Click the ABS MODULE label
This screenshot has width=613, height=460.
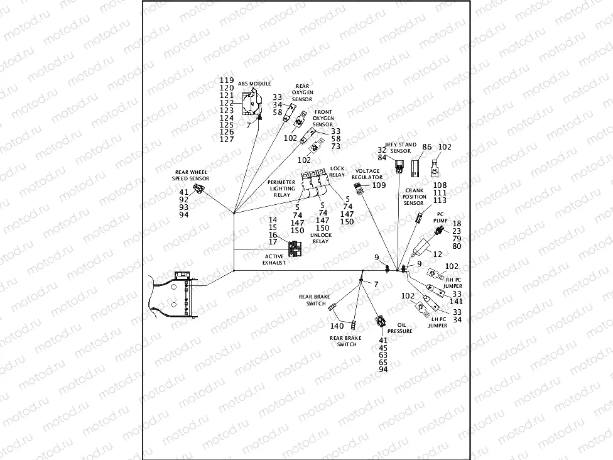[254, 84]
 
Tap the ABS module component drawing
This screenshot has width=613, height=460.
[252, 102]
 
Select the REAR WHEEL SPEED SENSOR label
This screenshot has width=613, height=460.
[191, 175]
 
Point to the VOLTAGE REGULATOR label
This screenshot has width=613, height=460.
[367, 174]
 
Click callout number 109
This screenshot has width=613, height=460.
[379, 185]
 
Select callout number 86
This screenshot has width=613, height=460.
[426, 146]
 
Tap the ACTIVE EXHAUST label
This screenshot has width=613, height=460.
[274, 259]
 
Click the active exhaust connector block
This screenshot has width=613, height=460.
[294, 248]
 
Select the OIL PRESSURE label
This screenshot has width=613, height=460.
[399, 328]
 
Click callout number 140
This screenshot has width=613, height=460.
[337, 326]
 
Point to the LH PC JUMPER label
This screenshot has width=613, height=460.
[438, 322]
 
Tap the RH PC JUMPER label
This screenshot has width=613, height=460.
[453, 282]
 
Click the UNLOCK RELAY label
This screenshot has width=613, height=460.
[320, 238]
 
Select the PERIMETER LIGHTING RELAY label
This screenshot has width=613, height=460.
[282, 189]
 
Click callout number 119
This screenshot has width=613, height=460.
[227, 80]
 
